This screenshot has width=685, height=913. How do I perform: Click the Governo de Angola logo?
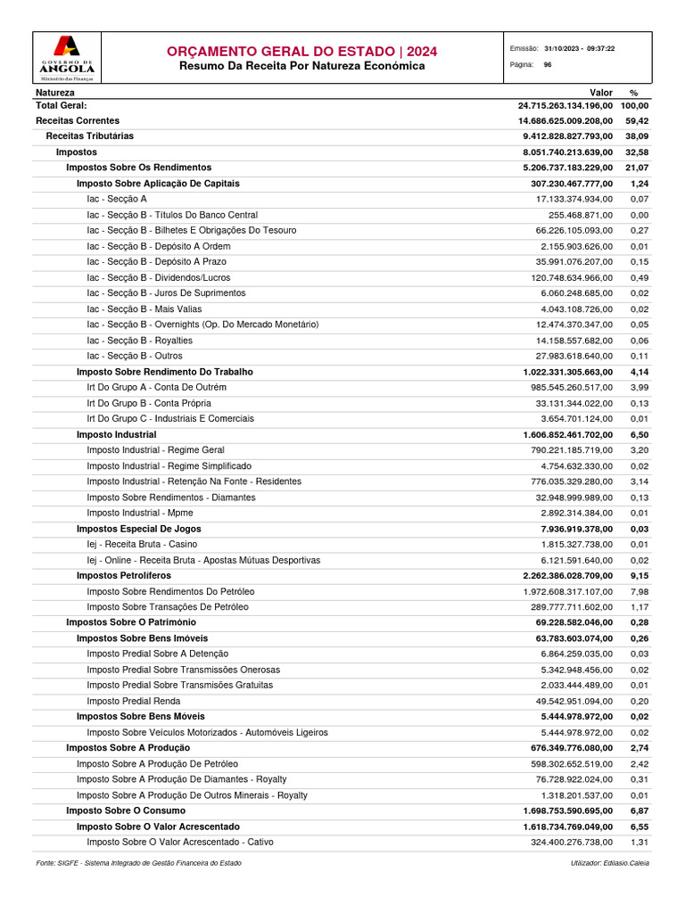tap(67, 58)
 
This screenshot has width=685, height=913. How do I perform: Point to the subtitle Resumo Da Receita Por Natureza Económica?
tap(301, 66)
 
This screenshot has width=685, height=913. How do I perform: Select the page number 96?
tap(547, 65)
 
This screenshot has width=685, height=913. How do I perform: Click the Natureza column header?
tap(55, 92)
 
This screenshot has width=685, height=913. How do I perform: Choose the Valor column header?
tap(601, 92)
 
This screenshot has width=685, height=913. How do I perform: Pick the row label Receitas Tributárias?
tap(89, 136)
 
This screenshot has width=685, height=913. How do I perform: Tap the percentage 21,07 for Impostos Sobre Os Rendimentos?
tap(636, 168)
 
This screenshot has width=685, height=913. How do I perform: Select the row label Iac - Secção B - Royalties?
tap(139, 340)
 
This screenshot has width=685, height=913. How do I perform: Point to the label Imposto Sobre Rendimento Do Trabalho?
tap(164, 372)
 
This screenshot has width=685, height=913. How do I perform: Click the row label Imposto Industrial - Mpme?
tap(139, 513)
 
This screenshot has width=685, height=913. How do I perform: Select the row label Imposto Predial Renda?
tap(135, 701)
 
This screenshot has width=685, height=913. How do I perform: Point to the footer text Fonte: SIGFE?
tap(138, 863)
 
